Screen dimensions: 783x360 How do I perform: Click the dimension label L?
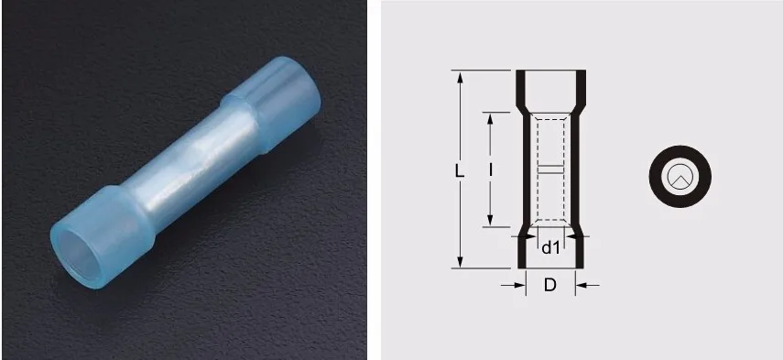[x=460, y=170]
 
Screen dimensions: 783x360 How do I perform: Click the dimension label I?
[x=491, y=170]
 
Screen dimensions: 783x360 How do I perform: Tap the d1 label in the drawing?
[x=550, y=247]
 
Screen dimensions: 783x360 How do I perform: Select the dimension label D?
[x=549, y=285]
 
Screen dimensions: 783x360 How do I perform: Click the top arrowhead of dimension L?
[x=461, y=76]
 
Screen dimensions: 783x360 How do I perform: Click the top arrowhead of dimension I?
[x=490, y=118]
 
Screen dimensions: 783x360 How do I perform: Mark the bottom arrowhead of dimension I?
[x=490, y=220]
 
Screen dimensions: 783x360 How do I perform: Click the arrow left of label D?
[x=514, y=285]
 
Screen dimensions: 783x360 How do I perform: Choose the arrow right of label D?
[x=587, y=285]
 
